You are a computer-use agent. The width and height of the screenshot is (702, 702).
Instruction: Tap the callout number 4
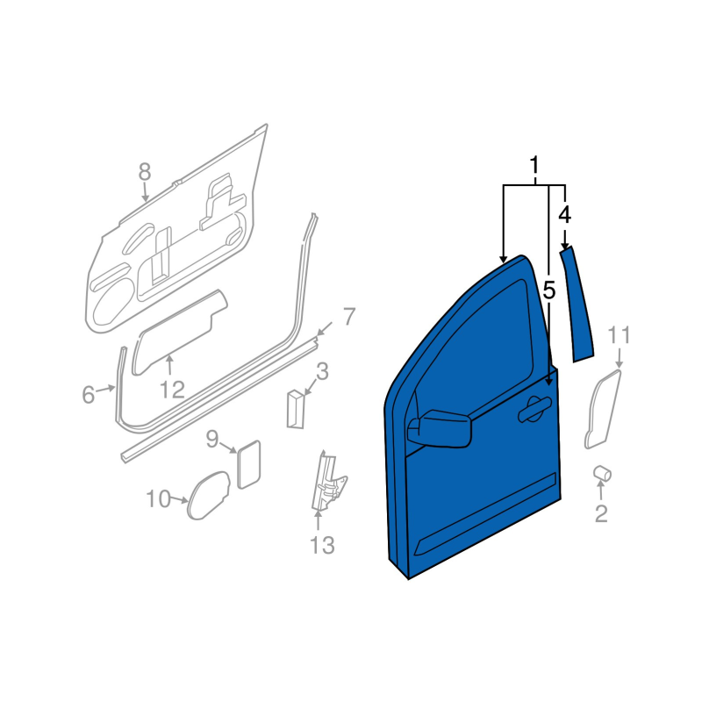564,215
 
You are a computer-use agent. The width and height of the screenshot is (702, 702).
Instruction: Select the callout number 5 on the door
549,291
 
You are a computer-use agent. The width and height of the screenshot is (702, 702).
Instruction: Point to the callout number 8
144,172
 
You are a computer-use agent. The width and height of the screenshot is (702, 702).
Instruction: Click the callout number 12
172,390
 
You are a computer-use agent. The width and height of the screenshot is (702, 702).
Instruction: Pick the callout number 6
89,395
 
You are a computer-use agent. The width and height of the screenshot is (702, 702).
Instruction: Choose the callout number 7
349,317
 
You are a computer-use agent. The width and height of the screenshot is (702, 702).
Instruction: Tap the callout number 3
322,371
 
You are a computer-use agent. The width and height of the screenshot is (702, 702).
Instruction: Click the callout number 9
212,439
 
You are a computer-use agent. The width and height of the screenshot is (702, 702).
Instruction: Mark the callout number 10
159,498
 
